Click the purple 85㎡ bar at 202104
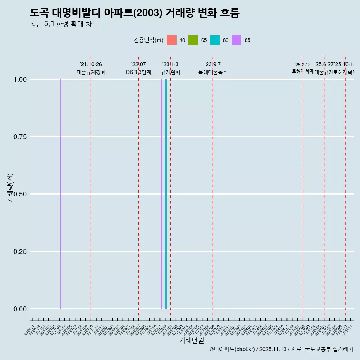click(x=61, y=194)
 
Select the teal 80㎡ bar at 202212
click(x=166, y=194)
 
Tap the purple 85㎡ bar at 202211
click(x=162, y=194)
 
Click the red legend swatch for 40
click(x=171, y=40)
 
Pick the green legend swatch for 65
click(x=193, y=40)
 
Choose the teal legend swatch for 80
click(x=215, y=40)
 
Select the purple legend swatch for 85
click(x=237, y=40)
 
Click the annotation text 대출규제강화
click(x=91, y=72)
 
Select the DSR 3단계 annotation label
click(x=138, y=72)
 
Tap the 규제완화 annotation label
click(x=171, y=72)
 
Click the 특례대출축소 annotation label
click(x=213, y=72)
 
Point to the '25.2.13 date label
click(x=303, y=65)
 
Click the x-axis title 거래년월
click(x=191, y=340)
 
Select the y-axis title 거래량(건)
click(x=10, y=188)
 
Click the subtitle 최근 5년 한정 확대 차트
click(x=64, y=24)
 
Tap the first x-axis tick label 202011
click(x=29, y=330)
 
